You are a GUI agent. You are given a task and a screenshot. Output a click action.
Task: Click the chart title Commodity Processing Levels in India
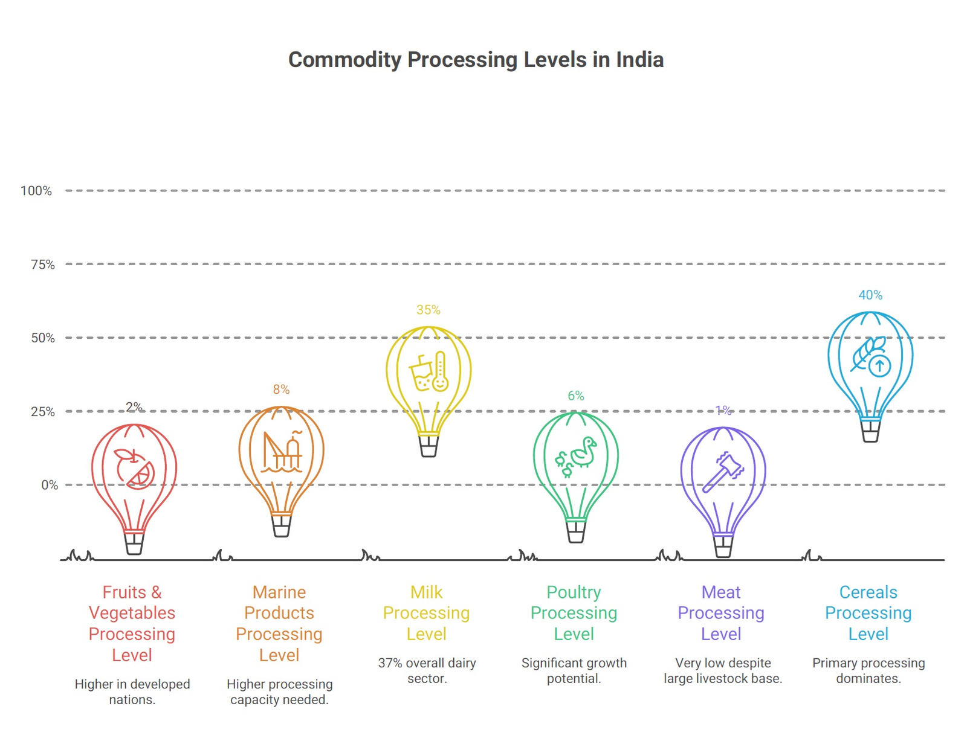point(476,60)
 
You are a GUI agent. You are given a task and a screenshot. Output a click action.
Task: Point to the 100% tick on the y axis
point(36,191)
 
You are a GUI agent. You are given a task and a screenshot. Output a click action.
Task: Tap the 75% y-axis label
point(42,264)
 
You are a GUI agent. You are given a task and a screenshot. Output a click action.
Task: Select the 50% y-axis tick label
point(42,338)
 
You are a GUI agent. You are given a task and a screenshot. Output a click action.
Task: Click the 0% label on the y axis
point(50,485)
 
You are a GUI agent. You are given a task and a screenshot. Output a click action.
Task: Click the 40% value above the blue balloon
point(870,295)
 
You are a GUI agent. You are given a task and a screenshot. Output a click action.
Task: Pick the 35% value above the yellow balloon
point(428,310)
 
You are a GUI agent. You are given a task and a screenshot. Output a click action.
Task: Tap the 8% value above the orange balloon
point(281,390)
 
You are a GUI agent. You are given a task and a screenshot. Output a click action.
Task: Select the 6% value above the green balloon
point(575,396)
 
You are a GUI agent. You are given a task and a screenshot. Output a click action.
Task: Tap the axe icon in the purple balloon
point(723,472)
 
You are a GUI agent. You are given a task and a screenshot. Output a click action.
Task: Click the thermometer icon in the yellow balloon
point(440,371)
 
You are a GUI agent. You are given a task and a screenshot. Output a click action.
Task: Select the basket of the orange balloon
point(281,525)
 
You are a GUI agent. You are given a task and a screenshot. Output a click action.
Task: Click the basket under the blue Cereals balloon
point(870,431)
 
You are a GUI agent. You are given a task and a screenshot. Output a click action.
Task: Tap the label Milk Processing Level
point(426,613)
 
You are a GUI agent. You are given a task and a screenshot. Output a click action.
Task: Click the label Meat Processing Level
point(721,613)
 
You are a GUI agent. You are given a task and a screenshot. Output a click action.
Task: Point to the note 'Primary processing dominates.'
point(868,671)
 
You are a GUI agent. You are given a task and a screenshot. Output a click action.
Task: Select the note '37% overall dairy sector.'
point(427,671)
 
